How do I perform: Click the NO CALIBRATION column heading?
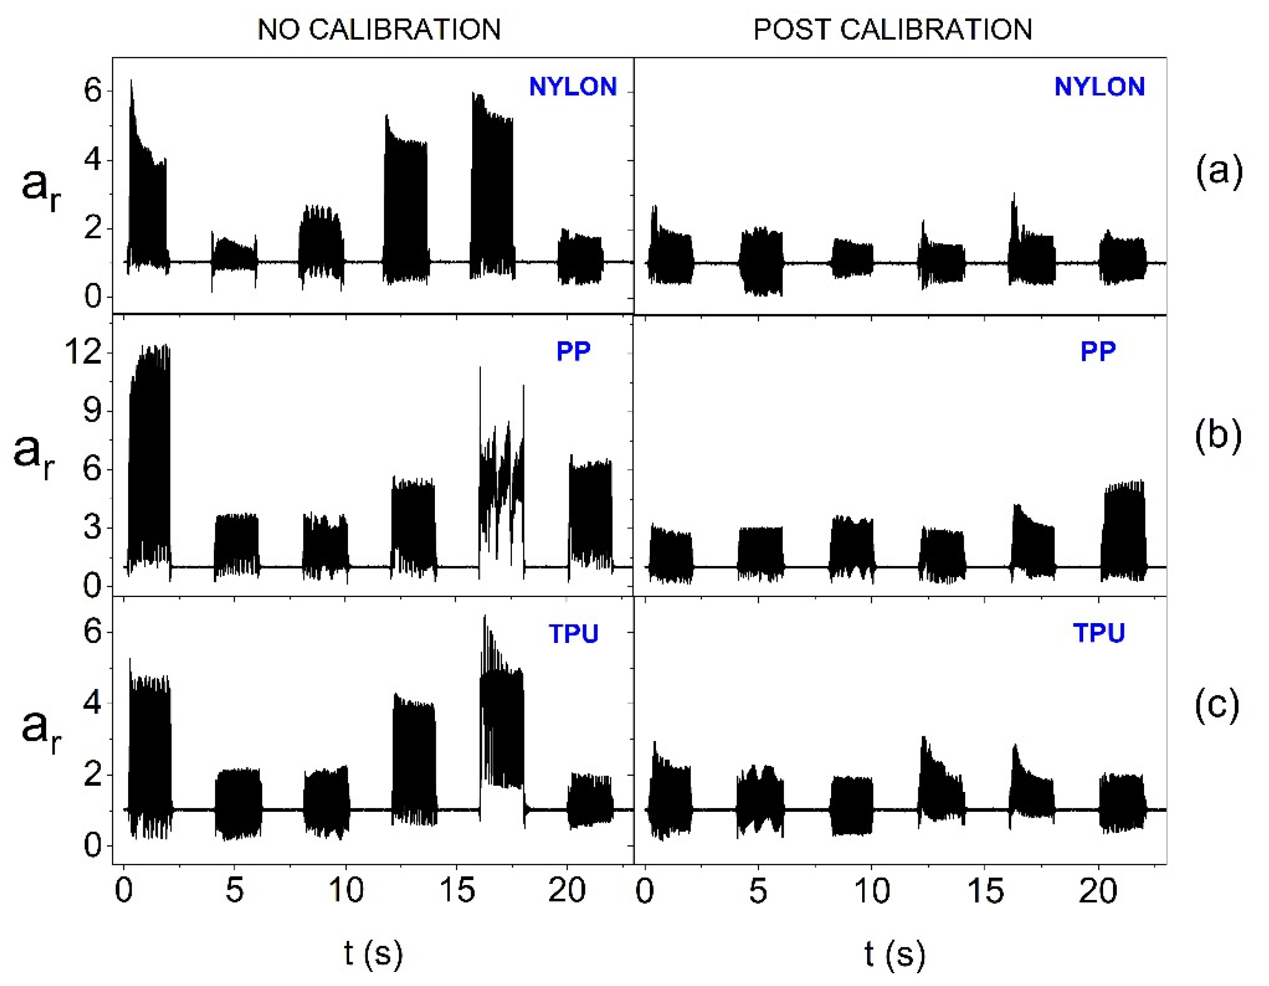coord(379,29)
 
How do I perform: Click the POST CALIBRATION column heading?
coord(893,29)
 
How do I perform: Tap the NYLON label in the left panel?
coord(572,87)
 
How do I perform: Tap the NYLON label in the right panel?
coord(1099,87)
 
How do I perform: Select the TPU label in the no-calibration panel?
coord(573,633)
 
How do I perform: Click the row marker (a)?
coord(1219,171)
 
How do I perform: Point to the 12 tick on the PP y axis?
coord(83,352)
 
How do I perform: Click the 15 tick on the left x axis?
coord(457,890)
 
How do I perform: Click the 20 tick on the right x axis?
coord(1098,890)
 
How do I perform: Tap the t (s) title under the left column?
coord(373,954)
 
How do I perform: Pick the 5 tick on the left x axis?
coord(234,890)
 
